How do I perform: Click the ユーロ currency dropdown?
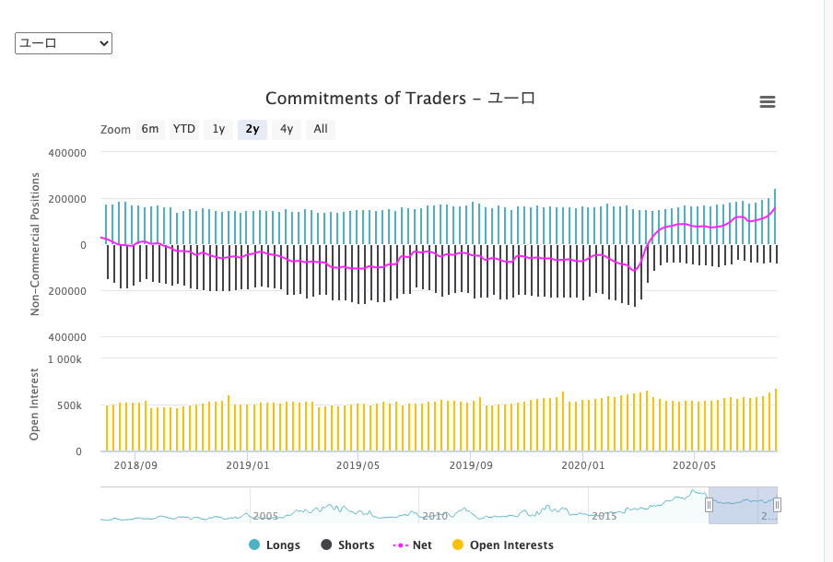click(x=64, y=43)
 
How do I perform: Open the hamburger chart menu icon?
click(x=767, y=102)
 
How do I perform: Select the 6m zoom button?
click(x=150, y=129)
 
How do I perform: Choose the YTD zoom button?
click(x=184, y=129)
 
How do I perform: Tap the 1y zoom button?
click(x=218, y=129)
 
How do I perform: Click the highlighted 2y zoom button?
click(x=252, y=129)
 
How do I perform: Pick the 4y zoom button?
click(x=287, y=129)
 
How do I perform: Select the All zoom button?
click(x=321, y=129)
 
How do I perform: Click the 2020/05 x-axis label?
click(x=693, y=465)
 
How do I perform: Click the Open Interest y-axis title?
click(x=34, y=404)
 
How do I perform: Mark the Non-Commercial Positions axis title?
click(x=35, y=243)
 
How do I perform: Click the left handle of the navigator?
click(x=709, y=505)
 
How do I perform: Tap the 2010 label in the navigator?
click(x=435, y=516)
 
